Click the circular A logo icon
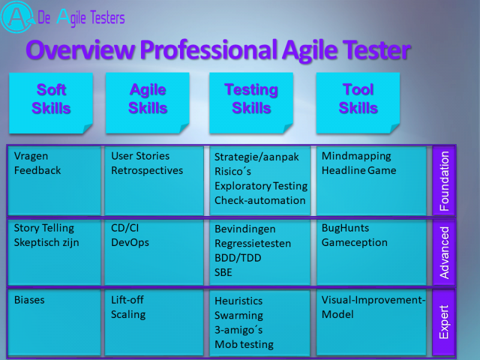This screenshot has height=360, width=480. pyautogui.click(x=17, y=17)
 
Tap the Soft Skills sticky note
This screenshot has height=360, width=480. pyautogui.click(x=51, y=103)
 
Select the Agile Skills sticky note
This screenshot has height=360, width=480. pyautogui.click(x=148, y=103)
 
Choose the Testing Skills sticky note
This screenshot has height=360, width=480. pyautogui.click(x=251, y=103)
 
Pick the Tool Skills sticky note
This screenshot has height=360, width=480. pyautogui.click(x=358, y=103)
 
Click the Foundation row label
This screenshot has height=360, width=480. pyautogui.click(x=444, y=181)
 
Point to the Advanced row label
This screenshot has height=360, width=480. pyautogui.click(x=444, y=253)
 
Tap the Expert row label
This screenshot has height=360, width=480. pyautogui.click(x=444, y=322)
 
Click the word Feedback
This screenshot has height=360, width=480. pyautogui.click(x=37, y=170)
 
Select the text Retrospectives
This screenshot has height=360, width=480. pyautogui.click(x=147, y=171)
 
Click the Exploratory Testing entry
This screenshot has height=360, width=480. pyautogui.click(x=261, y=186)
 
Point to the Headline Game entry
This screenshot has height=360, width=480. pyautogui.click(x=359, y=170)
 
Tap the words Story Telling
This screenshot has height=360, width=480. pyautogui.click(x=44, y=229)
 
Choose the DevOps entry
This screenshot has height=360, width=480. pyautogui.click(x=130, y=242)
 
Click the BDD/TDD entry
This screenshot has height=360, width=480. pyautogui.click(x=238, y=258)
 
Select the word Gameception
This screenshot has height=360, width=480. pyautogui.click(x=355, y=243)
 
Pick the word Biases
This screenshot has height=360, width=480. pyautogui.click(x=29, y=300)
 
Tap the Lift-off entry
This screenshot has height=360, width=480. pyautogui.click(x=127, y=300)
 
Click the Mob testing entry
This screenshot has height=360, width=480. pyautogui.click(x=244, y=344)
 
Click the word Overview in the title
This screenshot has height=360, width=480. pyautogui.click(x=80, y=50)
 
